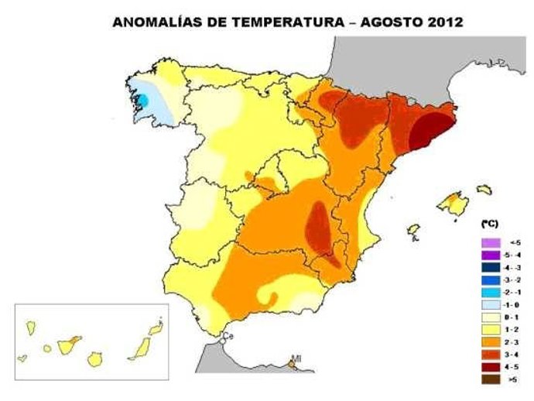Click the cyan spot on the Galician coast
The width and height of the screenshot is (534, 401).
pos(142,100)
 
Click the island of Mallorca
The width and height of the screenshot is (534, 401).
pos(453,204)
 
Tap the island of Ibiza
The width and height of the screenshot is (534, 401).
pos(414,230)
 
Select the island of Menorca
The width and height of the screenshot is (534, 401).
pos(484,189)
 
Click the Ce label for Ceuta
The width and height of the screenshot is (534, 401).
pos(228,336)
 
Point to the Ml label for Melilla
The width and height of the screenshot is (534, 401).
pos(295,358)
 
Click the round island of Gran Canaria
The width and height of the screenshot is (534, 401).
pos(96,359)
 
